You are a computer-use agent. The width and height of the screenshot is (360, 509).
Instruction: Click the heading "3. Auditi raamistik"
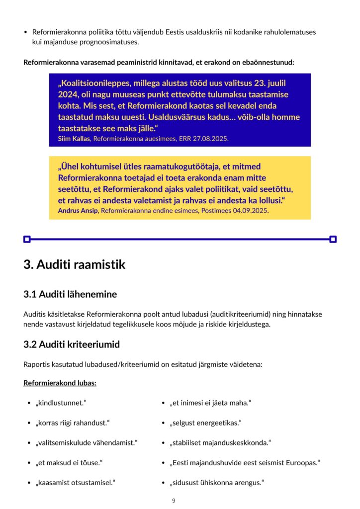point(74,264)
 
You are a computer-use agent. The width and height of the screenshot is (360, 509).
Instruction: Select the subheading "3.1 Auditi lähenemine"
point(70,294)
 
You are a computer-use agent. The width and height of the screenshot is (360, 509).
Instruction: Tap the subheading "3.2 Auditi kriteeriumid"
point(72,344)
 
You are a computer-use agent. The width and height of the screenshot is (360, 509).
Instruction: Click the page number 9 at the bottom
point(174,501)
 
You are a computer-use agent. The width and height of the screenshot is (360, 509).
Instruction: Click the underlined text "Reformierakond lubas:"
point(60,383)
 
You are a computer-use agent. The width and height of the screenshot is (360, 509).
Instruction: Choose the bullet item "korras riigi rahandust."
point(72,423)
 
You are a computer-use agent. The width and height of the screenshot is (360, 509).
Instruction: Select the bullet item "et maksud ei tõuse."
point(69,462)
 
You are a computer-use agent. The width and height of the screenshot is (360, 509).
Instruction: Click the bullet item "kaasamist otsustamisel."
point(75,482)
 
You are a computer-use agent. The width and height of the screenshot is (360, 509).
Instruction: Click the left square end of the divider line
point(27,239)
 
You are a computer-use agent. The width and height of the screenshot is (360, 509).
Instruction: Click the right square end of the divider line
point(333,239)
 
